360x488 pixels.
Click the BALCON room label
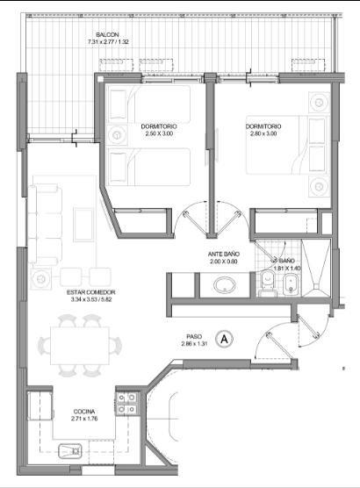click(x=107, y=35)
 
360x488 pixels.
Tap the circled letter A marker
click(x=224, y=340)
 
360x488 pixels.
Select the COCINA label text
click(x=84, y=412)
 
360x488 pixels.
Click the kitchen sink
click(x=70, y=451)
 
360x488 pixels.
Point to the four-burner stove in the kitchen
click(x=127, y=404)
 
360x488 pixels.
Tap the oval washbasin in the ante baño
click(x=224, y=285)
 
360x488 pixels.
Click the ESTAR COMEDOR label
click(x=91, y=292)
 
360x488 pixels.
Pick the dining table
click(x=80, y=346)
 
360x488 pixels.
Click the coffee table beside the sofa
click(x=83, y=225)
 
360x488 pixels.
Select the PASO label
click(x=194, y=337)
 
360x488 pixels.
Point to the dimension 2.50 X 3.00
click(x=159, y=133)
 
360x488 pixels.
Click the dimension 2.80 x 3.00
click(x=263, y=133)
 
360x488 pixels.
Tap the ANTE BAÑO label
click(x=224, y=255)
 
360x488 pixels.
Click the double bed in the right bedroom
click(x=288, y=145)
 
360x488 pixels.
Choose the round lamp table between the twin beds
click(x=117, y=135)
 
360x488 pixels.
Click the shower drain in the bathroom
click(x=316, y=286)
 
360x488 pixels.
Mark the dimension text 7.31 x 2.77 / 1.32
click(x=108, y=42)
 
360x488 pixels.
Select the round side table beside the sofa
click(x=40, y=278)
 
